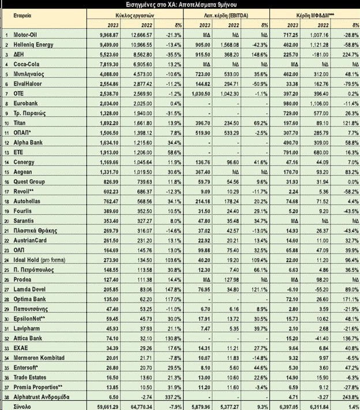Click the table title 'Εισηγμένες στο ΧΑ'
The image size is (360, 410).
click(x=179, y=4)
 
